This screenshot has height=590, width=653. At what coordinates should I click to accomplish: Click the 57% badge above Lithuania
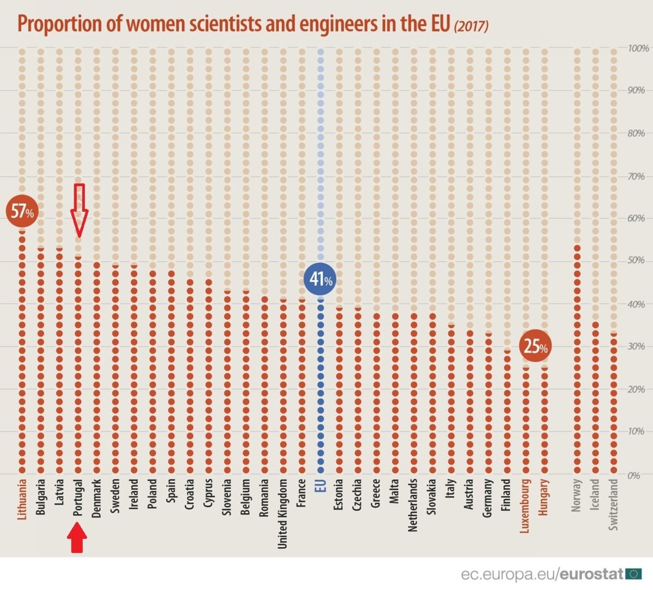click(x=22, y=212)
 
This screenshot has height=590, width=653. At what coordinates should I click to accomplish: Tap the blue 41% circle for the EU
click(x=320, y=280)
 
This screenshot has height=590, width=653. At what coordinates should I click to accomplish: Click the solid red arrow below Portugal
click(x=77, y=538)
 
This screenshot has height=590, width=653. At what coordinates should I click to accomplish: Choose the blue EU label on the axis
click(x=320, y=487)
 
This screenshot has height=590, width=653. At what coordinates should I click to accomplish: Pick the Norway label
click(x=576, y=495)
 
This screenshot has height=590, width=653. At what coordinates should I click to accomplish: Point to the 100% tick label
click(x=637, y=48)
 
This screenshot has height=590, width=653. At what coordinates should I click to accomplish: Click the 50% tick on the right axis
click(x=636, y=261)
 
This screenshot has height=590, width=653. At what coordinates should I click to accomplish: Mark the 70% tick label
click(x=636, y=176)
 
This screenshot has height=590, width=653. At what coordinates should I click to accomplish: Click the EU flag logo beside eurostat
click(x=634, y=574)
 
